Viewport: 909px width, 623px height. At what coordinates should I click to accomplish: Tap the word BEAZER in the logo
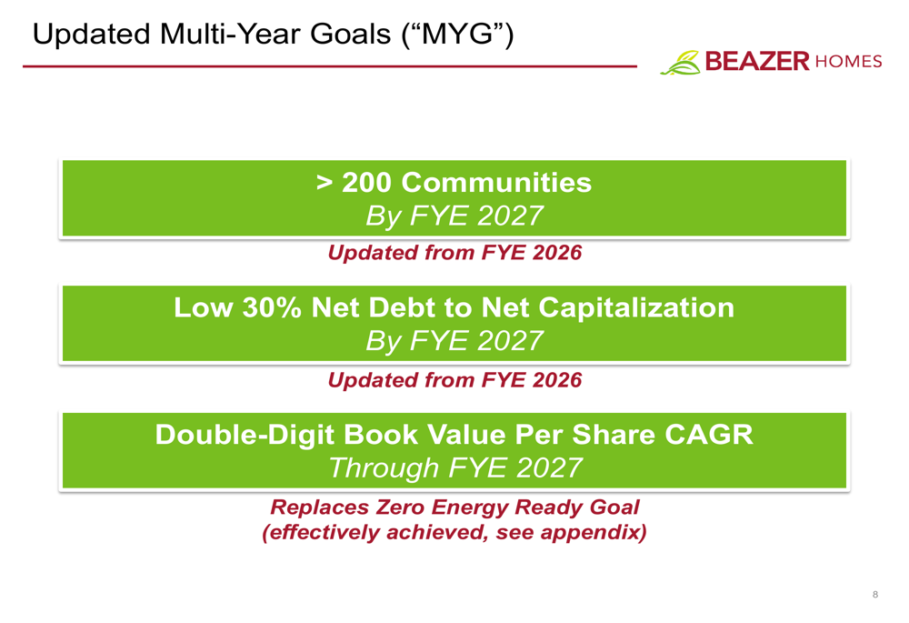[x=757, y=61]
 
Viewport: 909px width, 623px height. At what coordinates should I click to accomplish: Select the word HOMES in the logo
[x=848, y=62]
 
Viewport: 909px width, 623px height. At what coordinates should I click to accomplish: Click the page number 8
[x=875, y=594]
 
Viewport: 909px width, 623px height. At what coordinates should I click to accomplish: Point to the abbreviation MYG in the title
[x=457, y=34]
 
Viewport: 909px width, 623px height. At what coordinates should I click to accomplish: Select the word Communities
[x=496, y=182]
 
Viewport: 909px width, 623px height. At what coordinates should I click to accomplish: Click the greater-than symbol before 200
[x=325, y=183]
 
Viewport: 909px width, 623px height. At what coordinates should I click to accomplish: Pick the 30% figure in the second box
[x=272, y=307]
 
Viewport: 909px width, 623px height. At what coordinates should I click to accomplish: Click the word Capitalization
[x=636, y=308]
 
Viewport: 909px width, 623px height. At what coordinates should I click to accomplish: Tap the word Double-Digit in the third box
[x=245, y=435]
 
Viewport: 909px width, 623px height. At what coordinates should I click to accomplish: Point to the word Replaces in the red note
[x=319, y=507]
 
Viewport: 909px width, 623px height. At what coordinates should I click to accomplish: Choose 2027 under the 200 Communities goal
[x=510, y=216]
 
